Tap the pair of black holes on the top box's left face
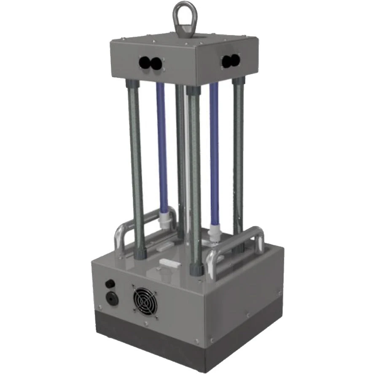[x=151, y=64]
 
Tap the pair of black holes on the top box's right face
[x=230, y=62]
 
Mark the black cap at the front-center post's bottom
[x=196, y=269]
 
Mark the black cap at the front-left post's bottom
[x=140, y=253]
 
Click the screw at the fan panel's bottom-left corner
[x=100, y=307]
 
